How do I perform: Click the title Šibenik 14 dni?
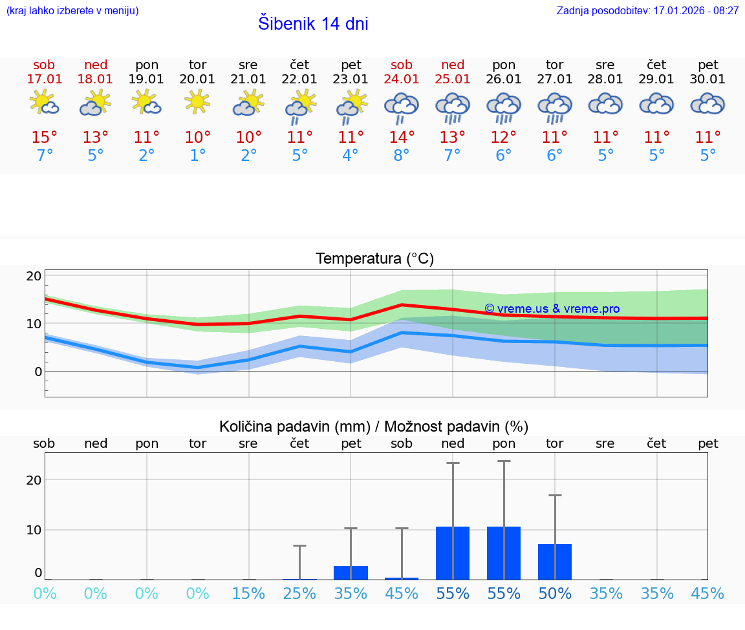313,24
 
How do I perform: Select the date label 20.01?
197,79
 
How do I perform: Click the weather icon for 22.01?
299,105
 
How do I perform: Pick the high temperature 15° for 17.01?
45,138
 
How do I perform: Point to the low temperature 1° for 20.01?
197,156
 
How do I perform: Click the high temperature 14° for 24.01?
402,138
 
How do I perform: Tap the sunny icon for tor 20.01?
197,102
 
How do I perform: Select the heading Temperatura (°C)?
374,259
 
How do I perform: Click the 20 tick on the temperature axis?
34,276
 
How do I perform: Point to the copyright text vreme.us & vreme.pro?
552,309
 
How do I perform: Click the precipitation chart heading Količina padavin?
374,426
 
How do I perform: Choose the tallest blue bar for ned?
453,553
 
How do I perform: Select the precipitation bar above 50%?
555,562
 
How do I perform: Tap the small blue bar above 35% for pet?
351,572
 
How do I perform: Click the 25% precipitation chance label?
299,594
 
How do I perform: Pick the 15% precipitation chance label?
248,594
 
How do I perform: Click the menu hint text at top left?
72,11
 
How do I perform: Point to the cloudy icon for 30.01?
707,104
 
